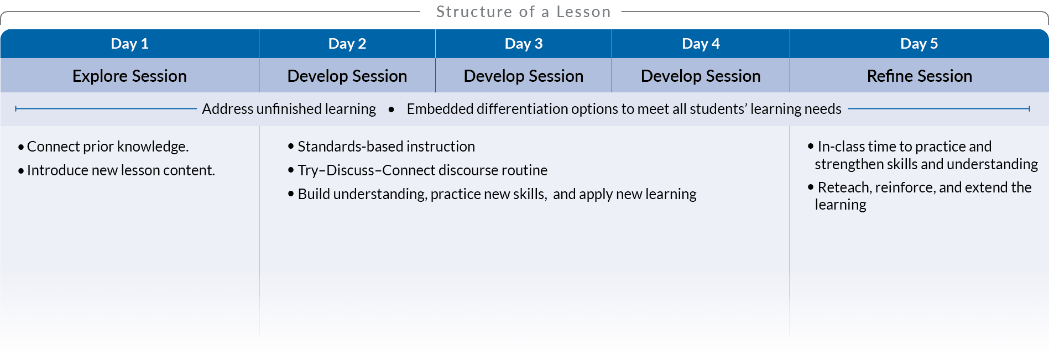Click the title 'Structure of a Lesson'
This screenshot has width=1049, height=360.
pyautogui.click(x=523, y=12)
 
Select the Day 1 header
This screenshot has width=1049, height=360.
pyautogui.click(x=129, y=44)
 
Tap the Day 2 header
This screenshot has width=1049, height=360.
pyautogui.click(x=347, y=44)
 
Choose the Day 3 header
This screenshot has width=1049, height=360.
pyautogui.click(x=524, y=44)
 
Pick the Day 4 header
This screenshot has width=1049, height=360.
pyautogui.click(x=701, y=44)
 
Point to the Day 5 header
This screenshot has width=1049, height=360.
pyautogui.click(x=919, y=44)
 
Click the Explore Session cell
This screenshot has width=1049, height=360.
pyautogui.click(x=129, y=76)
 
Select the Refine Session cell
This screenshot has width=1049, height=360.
pyautogui.click(x=919, y=76)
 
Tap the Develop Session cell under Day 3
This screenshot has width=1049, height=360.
pyautogui.click(x=524, y=76)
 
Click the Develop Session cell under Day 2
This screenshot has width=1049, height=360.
pyautogui.click(x=347, y=76)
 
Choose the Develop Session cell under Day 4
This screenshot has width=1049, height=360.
pyautogui.click(x=701, y=76)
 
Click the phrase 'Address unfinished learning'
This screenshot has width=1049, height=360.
pyautogui.click(x=289, y=109)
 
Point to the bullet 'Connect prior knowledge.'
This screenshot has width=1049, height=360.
pyautogui.click(x=103, y=147)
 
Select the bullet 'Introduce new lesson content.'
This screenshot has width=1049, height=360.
pyautogui.click(x=116, y=170)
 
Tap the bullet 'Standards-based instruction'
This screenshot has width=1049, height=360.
pyautogui.click(x=381, y=147)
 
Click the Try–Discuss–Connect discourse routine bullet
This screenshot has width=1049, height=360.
pyautogui.click(x=417, y=170)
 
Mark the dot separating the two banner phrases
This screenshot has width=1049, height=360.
pyautogui.click(x=392, y=109)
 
